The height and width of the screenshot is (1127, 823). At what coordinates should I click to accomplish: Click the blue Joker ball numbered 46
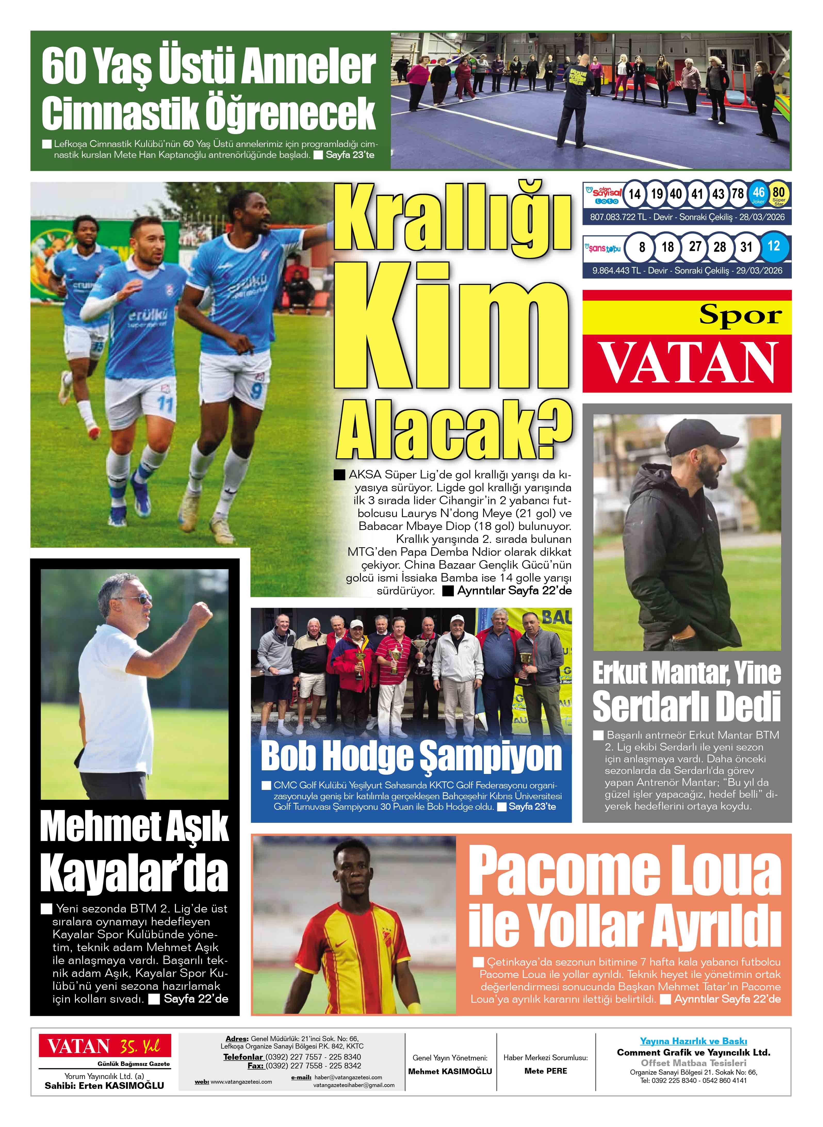coord(758,194)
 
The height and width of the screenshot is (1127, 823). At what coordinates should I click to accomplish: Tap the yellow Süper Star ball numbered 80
coord(778,194)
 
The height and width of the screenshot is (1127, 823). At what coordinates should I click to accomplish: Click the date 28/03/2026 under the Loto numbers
coord(762,217)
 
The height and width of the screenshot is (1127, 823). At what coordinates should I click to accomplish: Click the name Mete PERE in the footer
coord(545,1071)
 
